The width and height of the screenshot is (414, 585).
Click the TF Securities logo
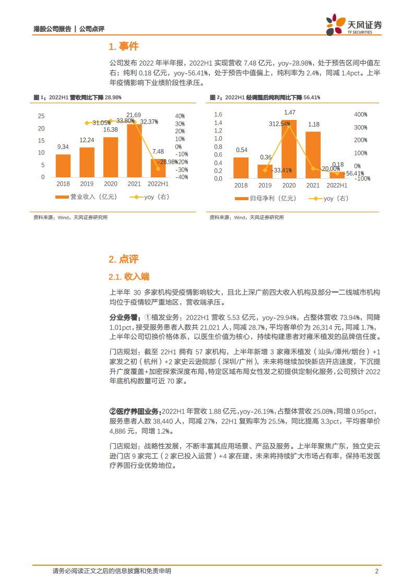coord(353,25)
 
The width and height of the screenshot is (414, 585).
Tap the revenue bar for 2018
coord(63,166)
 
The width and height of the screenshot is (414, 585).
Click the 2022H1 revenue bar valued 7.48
coord(158,168)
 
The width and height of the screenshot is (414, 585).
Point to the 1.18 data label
coord(314,125)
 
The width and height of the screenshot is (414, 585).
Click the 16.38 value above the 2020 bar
coord(111,130)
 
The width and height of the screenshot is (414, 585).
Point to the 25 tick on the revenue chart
coord(41,116)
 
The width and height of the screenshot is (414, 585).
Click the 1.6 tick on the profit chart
coord(218,115)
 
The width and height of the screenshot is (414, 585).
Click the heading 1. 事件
coord(123,47)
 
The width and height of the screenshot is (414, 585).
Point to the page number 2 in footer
coord(376,571)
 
